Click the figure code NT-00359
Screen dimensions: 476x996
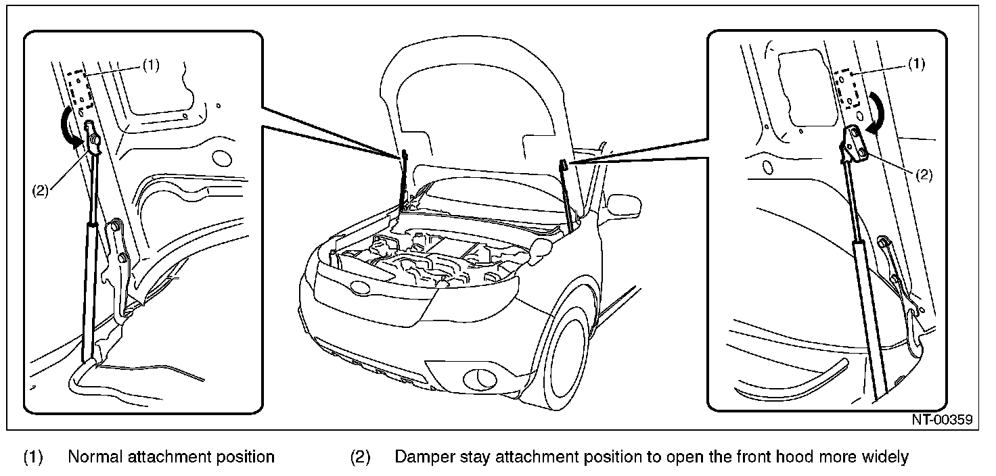941,420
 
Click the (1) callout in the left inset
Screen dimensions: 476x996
150,65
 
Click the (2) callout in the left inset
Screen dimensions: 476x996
40,190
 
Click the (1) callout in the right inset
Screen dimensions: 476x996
916,64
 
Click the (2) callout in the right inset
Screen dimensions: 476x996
924,174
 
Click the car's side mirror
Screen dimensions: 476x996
623,204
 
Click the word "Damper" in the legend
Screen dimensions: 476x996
426,457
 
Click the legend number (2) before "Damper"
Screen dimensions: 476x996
360,457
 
